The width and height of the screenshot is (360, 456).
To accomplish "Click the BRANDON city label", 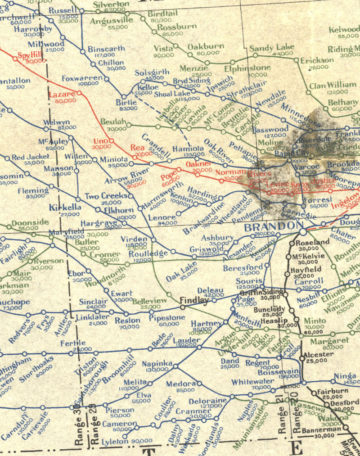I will (x=272, y=226).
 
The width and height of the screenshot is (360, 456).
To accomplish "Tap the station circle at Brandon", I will (x=303, y=231).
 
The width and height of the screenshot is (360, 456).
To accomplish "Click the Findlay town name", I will (x=194, y=300).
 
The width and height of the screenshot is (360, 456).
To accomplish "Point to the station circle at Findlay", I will (x=183, y=307).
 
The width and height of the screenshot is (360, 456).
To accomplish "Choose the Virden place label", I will (x=135, y=239).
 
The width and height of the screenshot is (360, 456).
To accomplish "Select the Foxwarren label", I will (x=82, y=78).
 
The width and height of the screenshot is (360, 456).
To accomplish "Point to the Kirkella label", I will (x=65, y=208).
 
